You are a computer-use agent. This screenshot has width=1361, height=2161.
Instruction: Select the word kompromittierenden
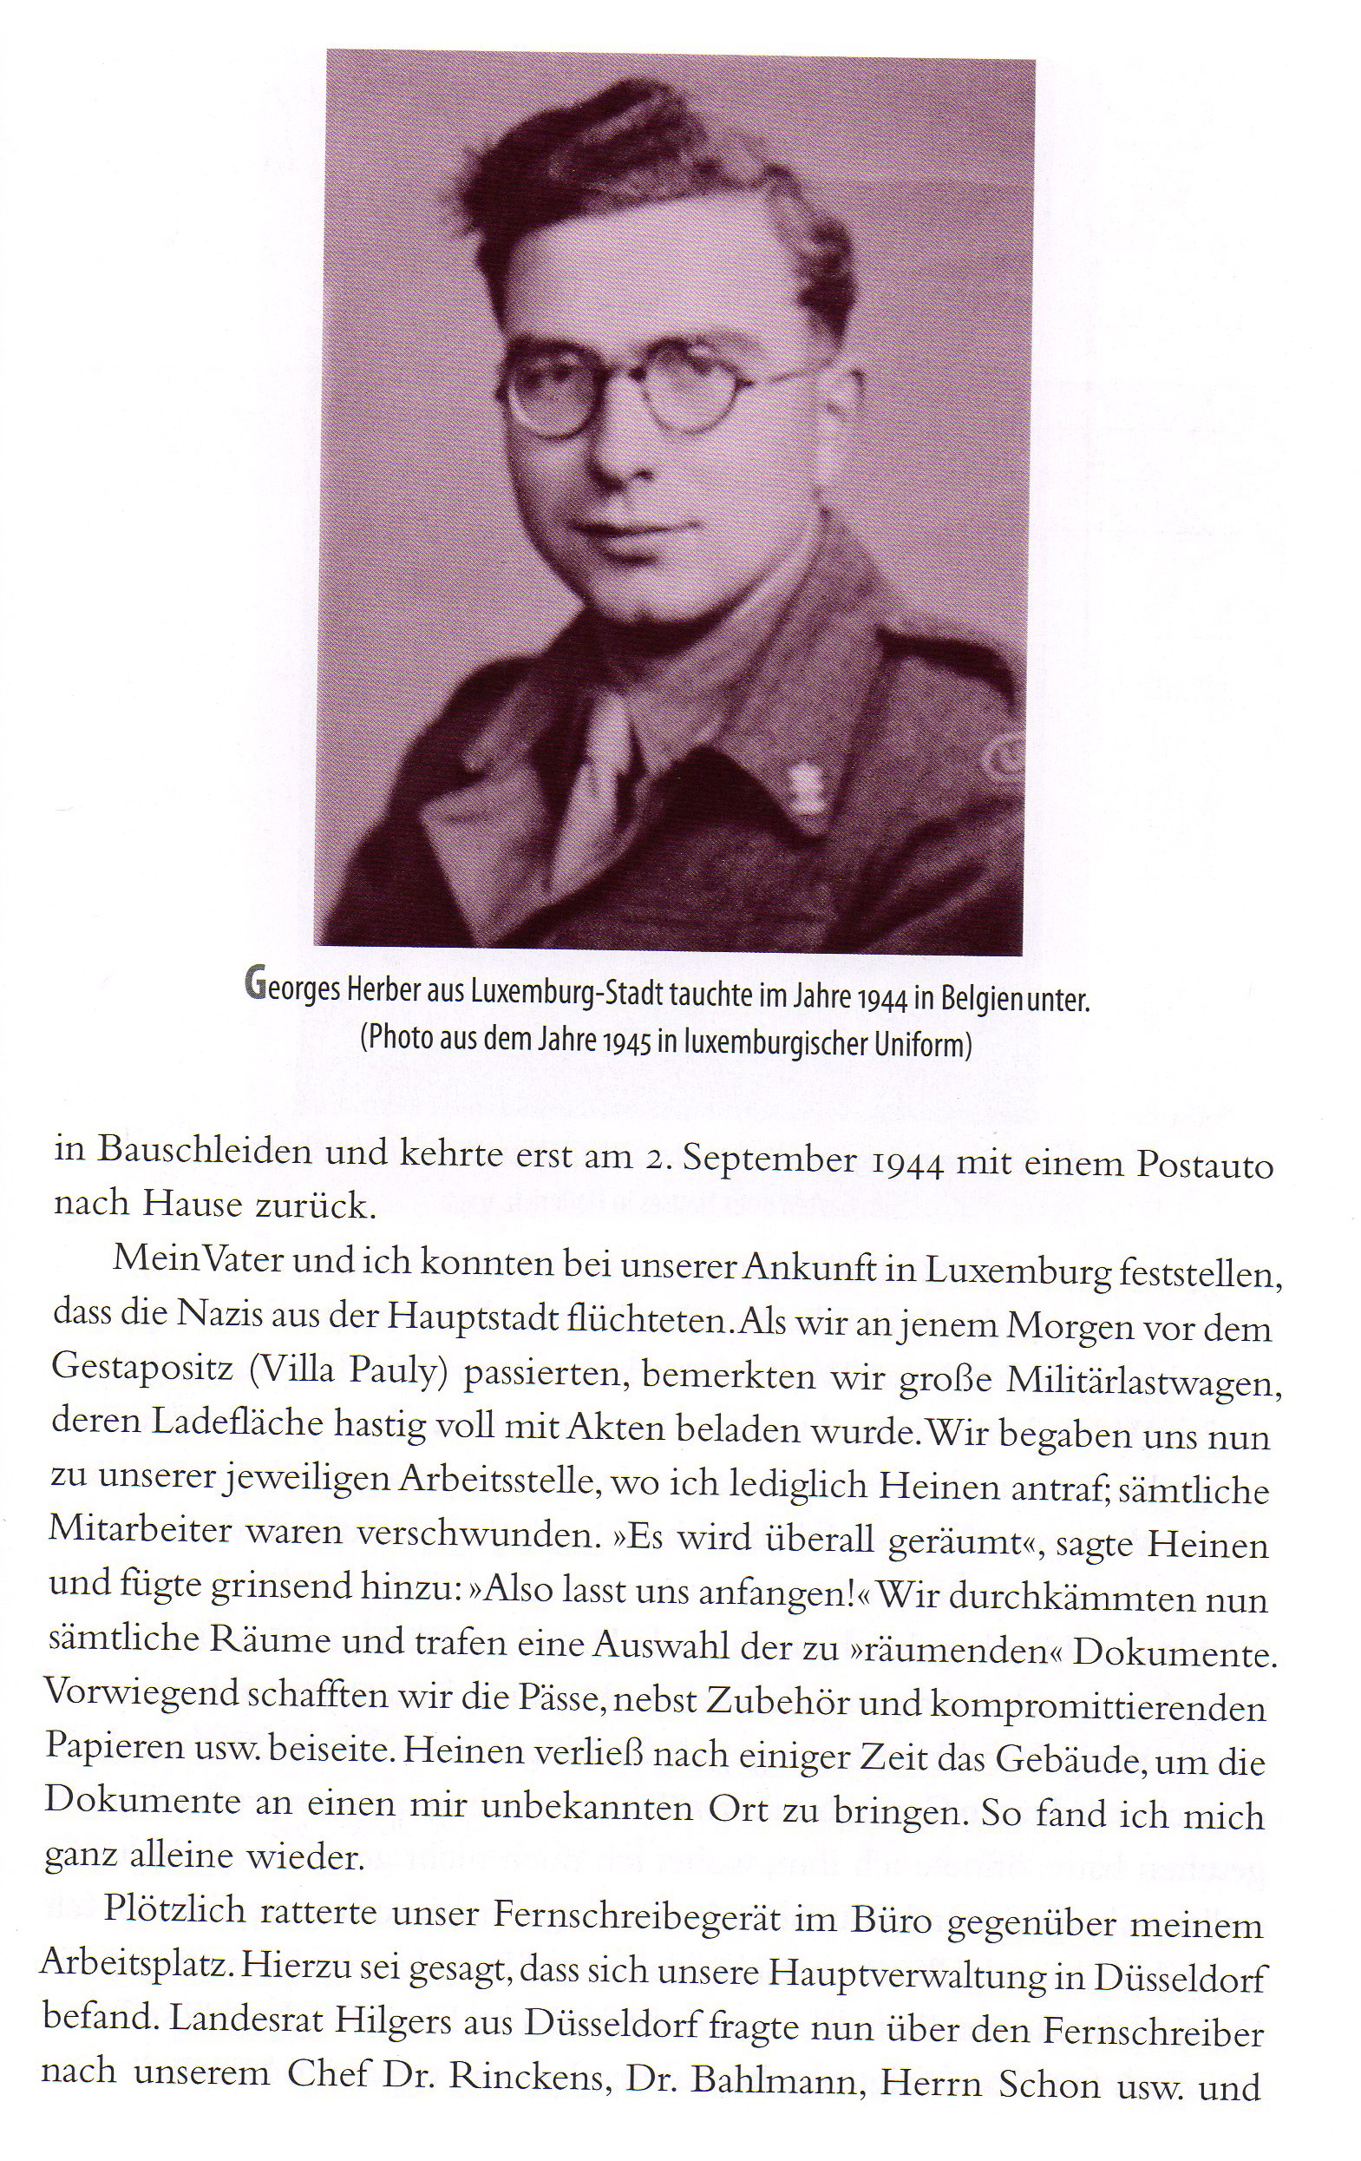(1089, 1706)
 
